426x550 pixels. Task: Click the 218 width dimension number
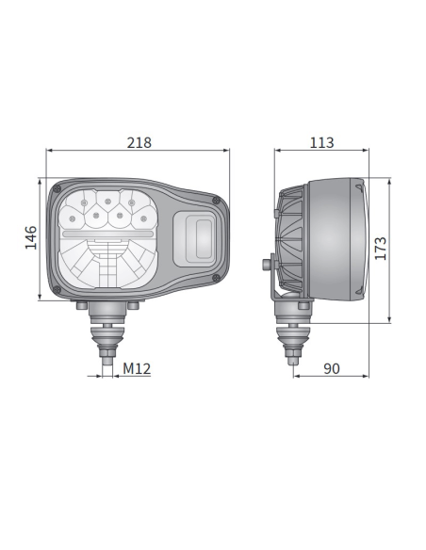click(x=139, y=142)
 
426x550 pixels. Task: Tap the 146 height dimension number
click(x=30, y=238)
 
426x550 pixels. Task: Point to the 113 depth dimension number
click(x=321, y=142)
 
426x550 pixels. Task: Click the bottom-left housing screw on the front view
click(x=59, y=290)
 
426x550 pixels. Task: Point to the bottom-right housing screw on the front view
click(x=218, y=278)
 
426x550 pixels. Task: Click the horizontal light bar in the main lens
click(x=107, y=232)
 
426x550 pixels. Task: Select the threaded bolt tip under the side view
click(x=294, y=357)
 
